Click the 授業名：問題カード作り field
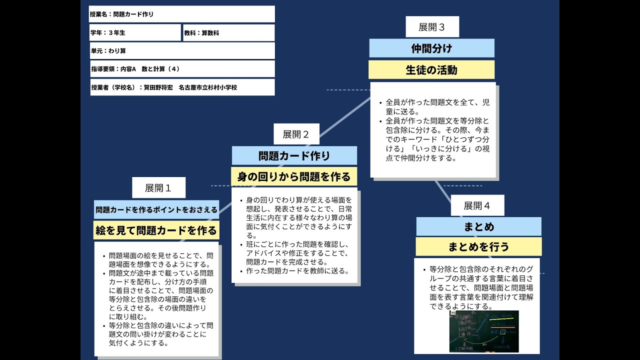(181, 14)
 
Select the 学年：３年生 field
(135, 32)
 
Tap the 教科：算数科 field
(228, 32)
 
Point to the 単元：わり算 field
(181, 50)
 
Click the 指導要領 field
(181, 69)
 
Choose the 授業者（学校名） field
(181, 87)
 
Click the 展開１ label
(158, 188)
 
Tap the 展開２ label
(296, 134)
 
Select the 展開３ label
(432, 27)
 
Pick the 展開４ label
(477, 205)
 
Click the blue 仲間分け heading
(431, 48)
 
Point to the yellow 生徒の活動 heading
(431, 70)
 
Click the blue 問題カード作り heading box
(294, 155)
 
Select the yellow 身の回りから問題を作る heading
(294, 176)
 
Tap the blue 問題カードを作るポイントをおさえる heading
(156, 209)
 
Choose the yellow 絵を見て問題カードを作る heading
(156, 230)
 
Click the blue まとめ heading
(478, 226)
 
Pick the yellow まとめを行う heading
(478, 247)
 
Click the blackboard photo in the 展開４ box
(483, 331)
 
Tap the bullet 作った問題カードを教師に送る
(297, 271)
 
